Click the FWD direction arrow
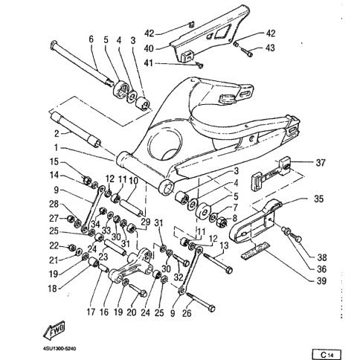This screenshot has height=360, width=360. (54, 330)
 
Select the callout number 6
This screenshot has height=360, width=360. (91, 39)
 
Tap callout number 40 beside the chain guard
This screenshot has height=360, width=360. (149, 48)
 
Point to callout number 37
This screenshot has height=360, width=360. (321, 163)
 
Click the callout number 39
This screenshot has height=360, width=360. (321, 281)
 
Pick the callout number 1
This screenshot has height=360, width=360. (56, 147)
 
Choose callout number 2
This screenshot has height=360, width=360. (57, 134)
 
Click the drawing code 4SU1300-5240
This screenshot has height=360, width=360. (60, 349)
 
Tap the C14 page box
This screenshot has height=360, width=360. (327, 354)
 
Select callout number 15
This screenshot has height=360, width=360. (54, 162)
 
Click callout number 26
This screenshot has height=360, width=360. (187, 313)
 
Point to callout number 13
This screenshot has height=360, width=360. (224, 245)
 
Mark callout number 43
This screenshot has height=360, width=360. (270, 48)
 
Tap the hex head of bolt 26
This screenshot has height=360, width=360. (211, 309)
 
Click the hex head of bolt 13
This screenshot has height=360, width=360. (229, 270)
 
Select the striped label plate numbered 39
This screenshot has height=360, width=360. (255, 250)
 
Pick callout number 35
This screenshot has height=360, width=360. (319, 199)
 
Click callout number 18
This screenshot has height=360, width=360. (53, 289)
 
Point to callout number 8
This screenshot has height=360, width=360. (234, 218)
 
